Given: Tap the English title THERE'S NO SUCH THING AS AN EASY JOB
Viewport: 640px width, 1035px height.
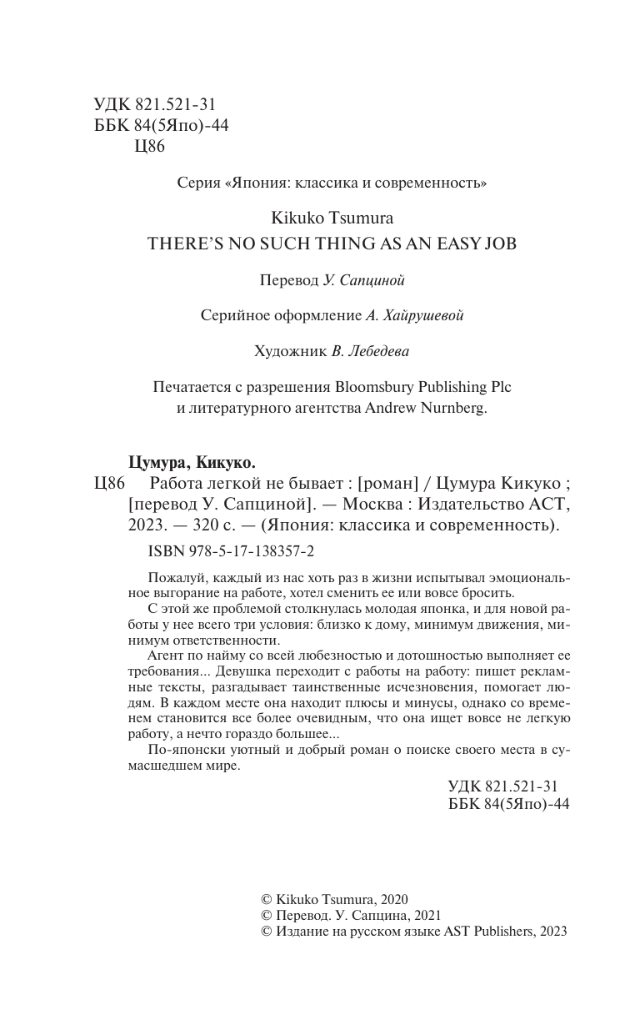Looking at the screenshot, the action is pyautogui.click(x=332, y=244).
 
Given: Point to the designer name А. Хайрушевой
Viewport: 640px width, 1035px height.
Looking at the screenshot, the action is pyautogui.click(x=414, y=316).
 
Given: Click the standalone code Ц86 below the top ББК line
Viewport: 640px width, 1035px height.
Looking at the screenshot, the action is pyautogui.click(x=149, y=147).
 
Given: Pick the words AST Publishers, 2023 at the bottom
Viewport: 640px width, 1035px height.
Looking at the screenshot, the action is pyautogui.click(x=502, y=932).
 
